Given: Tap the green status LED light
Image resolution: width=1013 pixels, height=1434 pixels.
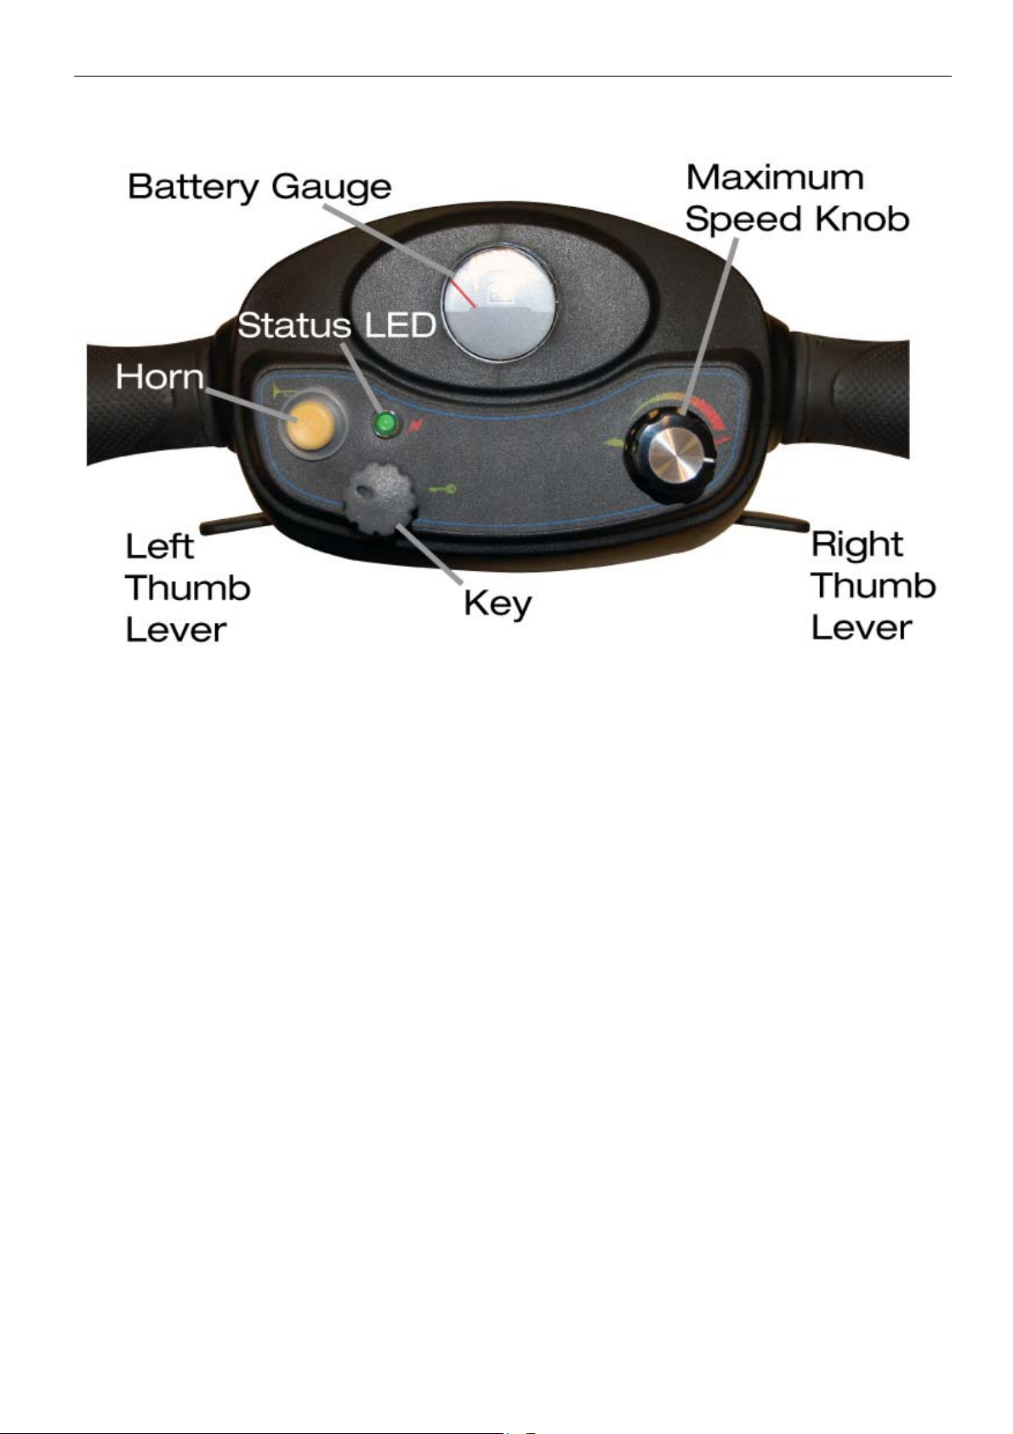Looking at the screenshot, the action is (387, 423).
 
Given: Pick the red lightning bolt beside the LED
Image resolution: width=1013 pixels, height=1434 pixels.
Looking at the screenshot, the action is (415, 425).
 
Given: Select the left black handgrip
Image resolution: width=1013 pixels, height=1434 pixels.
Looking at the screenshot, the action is (145, 408).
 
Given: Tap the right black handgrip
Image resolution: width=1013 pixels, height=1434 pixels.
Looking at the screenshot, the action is (859, 400).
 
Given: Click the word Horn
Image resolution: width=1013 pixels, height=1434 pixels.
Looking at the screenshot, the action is (160, 376).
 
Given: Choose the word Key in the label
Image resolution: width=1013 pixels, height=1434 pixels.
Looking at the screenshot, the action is (498, 604).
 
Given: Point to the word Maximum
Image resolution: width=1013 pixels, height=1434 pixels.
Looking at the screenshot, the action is (775, 178).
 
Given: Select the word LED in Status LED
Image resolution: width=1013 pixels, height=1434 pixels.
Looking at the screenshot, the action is (399, 324).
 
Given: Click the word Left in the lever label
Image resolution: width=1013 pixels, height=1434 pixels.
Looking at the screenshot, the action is (160, 546).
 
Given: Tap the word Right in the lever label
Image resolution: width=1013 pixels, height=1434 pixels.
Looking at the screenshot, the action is (856, 545).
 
